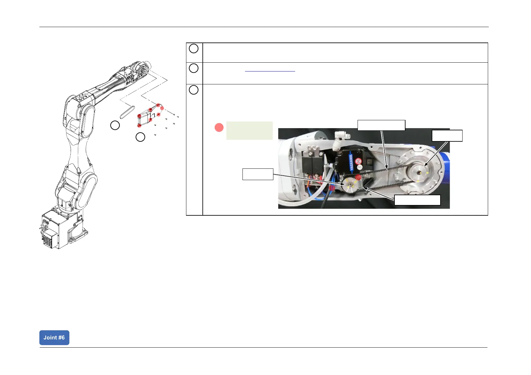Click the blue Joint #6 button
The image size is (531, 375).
click(54, 338)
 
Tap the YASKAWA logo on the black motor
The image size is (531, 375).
click(351, 162)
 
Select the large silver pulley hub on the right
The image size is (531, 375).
click(418, 171)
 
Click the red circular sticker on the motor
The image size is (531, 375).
click(359, 161)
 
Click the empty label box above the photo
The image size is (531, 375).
click(381, 125)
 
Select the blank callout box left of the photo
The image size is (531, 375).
click(258, 174)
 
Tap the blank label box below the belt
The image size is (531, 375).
click(417, 200)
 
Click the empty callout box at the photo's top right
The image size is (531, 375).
click(447, 136)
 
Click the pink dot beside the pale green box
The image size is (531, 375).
click(219, 128)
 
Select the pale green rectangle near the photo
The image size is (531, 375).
click(249, 130)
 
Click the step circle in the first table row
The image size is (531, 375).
click(194, 48)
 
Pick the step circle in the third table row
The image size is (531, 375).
click(194, 90)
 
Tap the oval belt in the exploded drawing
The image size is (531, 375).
click(127, 111)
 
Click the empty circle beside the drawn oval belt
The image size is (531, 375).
click(115, 125)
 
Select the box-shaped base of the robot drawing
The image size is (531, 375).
click(60, 229)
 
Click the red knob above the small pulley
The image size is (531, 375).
click(358, 178)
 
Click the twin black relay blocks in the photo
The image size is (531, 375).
click(312, 162)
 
